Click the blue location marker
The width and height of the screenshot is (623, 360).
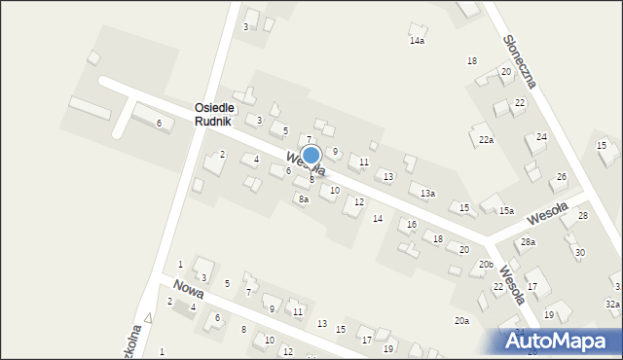311,156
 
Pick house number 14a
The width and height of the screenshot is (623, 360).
417,41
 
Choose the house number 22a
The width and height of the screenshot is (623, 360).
486,140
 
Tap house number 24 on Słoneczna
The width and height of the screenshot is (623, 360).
541,137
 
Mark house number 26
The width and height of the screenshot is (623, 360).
561,177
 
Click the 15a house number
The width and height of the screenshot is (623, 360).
506,211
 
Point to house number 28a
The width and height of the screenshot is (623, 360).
528,242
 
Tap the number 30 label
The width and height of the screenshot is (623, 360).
579,253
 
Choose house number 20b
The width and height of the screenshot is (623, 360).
486,266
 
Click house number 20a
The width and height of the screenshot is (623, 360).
461,321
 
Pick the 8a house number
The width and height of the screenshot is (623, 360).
304,199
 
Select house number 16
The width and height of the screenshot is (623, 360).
412,225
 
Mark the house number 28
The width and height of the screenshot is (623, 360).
583,216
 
